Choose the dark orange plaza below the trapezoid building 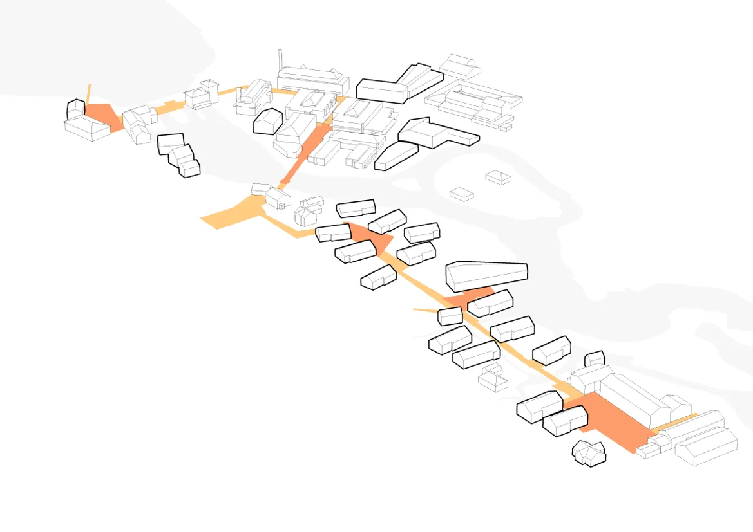(470, 298)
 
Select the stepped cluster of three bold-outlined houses (179, 154)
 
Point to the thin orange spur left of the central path (424, 311)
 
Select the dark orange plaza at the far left (102, 115)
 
